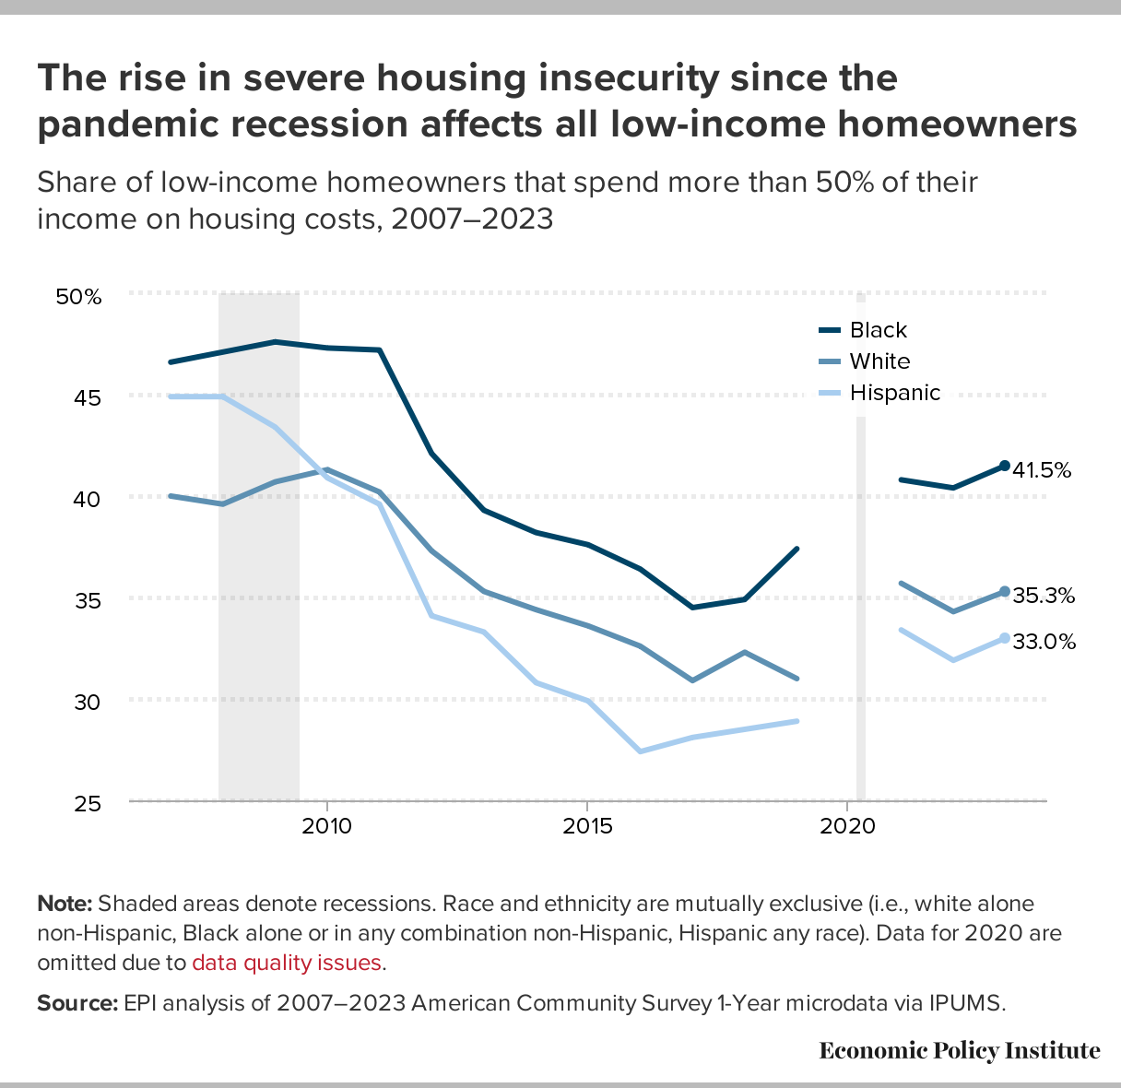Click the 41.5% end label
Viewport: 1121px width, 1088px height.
pos(1042,470)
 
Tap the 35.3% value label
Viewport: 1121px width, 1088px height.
pos(1044,596)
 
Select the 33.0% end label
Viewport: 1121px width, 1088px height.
pos(1044,642)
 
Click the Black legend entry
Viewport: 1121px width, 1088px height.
pos(878,330)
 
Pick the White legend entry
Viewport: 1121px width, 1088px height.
pos(879,361)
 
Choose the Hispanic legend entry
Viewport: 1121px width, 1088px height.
pos(894,393)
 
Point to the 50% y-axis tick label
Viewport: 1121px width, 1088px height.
pos(78,297)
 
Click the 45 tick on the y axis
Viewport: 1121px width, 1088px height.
pos(88,397)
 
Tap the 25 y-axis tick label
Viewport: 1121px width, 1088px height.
pos(88,804)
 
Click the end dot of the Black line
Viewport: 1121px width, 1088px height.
pos(1005,466)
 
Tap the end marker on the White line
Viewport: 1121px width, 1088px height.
pos(1005,592)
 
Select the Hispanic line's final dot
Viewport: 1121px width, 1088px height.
pos(1005,638)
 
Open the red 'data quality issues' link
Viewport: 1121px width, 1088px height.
pos(287,963)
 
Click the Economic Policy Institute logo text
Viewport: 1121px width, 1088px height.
pos(960,1050)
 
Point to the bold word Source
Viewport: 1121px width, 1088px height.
pos(77,1003)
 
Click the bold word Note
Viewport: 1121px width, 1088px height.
pos(64,904)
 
